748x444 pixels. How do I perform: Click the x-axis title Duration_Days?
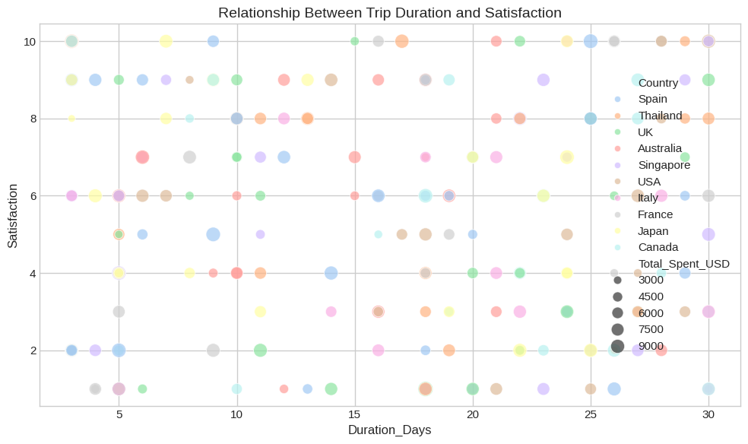[389, 430]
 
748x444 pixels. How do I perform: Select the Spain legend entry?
[653, 99]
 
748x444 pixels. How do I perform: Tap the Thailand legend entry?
[660, 116]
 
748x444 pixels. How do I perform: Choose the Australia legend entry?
[660, 148]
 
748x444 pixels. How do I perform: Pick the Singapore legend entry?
[664, 165]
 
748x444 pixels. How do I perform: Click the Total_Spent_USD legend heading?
[684, 264]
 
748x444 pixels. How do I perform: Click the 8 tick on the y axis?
[28, 119]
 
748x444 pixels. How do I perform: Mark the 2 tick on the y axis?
[28, 350]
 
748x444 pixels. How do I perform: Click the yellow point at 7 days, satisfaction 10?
[166, 41]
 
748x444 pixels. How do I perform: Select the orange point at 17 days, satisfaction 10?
[402, 41]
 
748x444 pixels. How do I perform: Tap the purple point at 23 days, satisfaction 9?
[544, 80]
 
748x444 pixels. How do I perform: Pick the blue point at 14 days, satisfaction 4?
[331, 273]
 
